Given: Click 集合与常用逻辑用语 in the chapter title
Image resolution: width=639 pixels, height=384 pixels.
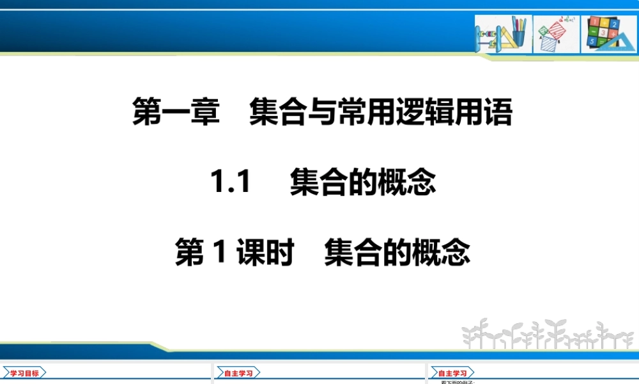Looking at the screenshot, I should pyautogui.click(x=381, y=113).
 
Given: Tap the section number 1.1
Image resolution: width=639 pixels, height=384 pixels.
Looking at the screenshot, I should pyautogui.click(x=230, y=184).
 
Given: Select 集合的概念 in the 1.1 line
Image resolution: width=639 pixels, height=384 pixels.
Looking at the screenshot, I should pyautogui.click(x=362, y=184).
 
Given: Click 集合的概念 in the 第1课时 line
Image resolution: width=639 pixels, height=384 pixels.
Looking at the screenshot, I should pyautogui.click(x=397, y=253).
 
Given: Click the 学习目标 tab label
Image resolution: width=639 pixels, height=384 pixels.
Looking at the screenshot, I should pyautogui.click(x=24, y=373).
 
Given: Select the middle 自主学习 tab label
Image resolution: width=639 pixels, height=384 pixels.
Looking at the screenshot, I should pyautogui.click(x=238, y=373).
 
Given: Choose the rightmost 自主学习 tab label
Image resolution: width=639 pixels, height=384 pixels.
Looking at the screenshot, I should pyautogui.click(x=452, y=373).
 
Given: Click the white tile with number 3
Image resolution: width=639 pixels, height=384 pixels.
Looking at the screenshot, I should pyautogui.click(x=604, y=32).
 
